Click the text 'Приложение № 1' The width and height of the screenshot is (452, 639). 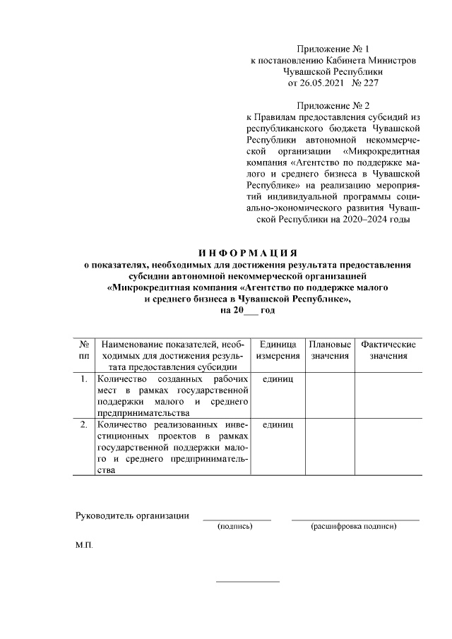[x=333, y=49]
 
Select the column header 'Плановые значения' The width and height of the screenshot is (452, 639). [x=330, y=350]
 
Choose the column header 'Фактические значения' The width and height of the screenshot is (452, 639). [x=388, y=350]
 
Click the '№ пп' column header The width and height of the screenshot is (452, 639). [x=84, y=350]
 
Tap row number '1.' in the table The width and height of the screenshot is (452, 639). [x=84, y=379]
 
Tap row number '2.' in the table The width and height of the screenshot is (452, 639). [x=84, y=424]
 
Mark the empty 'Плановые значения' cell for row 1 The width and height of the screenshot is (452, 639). [x=330, y=395]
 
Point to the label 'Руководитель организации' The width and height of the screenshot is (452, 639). [x=132, y=515]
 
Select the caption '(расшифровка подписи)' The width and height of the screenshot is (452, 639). [x=355, y=527]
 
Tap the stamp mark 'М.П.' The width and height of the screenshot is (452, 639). [x=84, y=547]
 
